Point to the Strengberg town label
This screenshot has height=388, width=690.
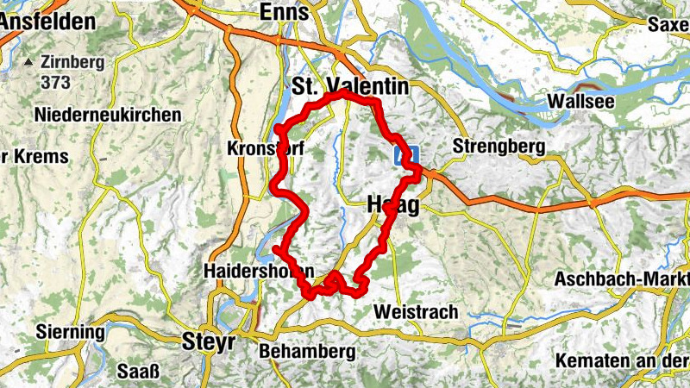(499, 147)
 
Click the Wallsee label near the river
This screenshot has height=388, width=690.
(584, 102)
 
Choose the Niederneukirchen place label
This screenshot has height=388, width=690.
(108, 115)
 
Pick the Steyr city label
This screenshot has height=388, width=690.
(210, 341)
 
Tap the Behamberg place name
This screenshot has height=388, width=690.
(307, 352)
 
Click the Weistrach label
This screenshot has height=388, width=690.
(416, 311)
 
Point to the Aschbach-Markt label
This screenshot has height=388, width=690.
(621, 279)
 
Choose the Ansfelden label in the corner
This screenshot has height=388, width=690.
(47, 22)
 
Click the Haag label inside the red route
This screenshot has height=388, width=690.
(393, 206)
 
